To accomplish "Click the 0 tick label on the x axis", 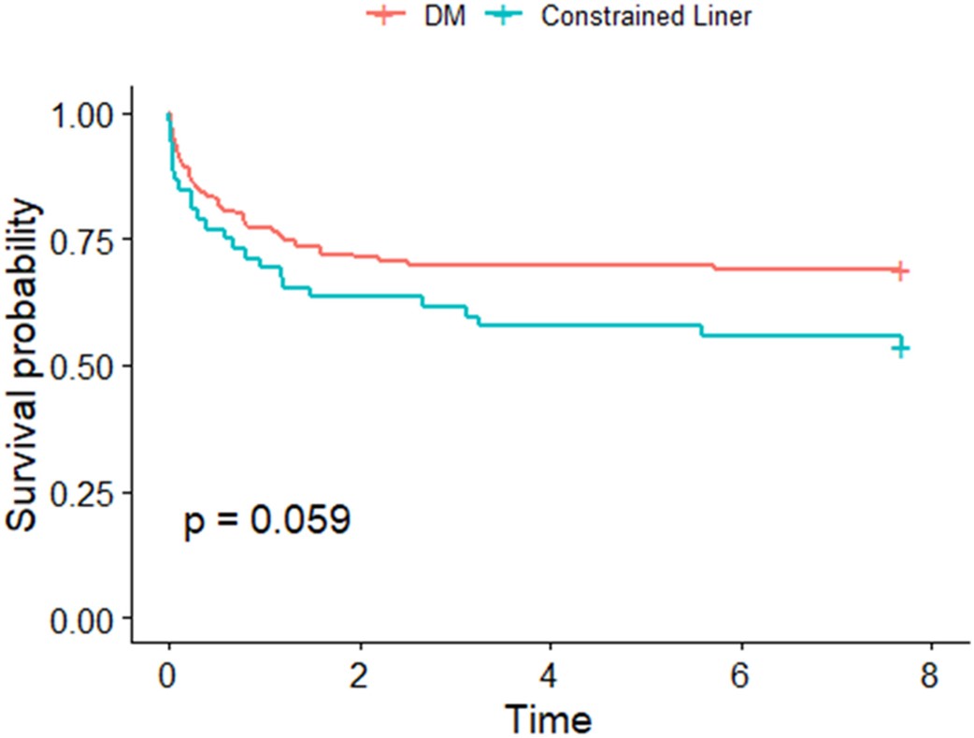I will click(168, 675).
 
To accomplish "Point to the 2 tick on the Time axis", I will click(360, 675).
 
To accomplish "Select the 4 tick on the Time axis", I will click(551, 675).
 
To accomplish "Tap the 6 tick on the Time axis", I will click(741, 675).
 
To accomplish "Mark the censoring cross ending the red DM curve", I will click(900, 270).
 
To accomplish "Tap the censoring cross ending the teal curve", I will click(900, 348).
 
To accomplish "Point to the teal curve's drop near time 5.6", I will click(702, 330).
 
